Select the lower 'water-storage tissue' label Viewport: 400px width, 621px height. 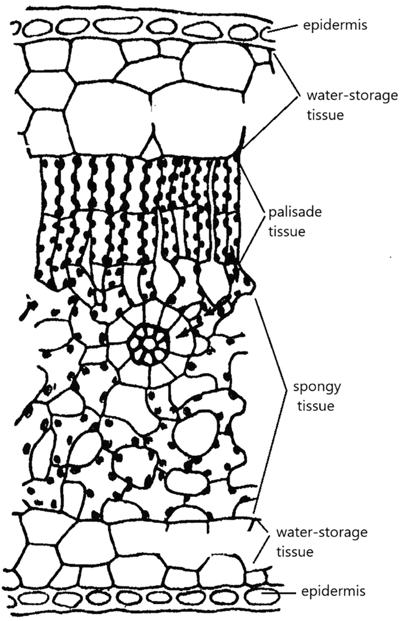(321, 541)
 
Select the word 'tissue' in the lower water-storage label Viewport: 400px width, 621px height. (295, 551)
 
